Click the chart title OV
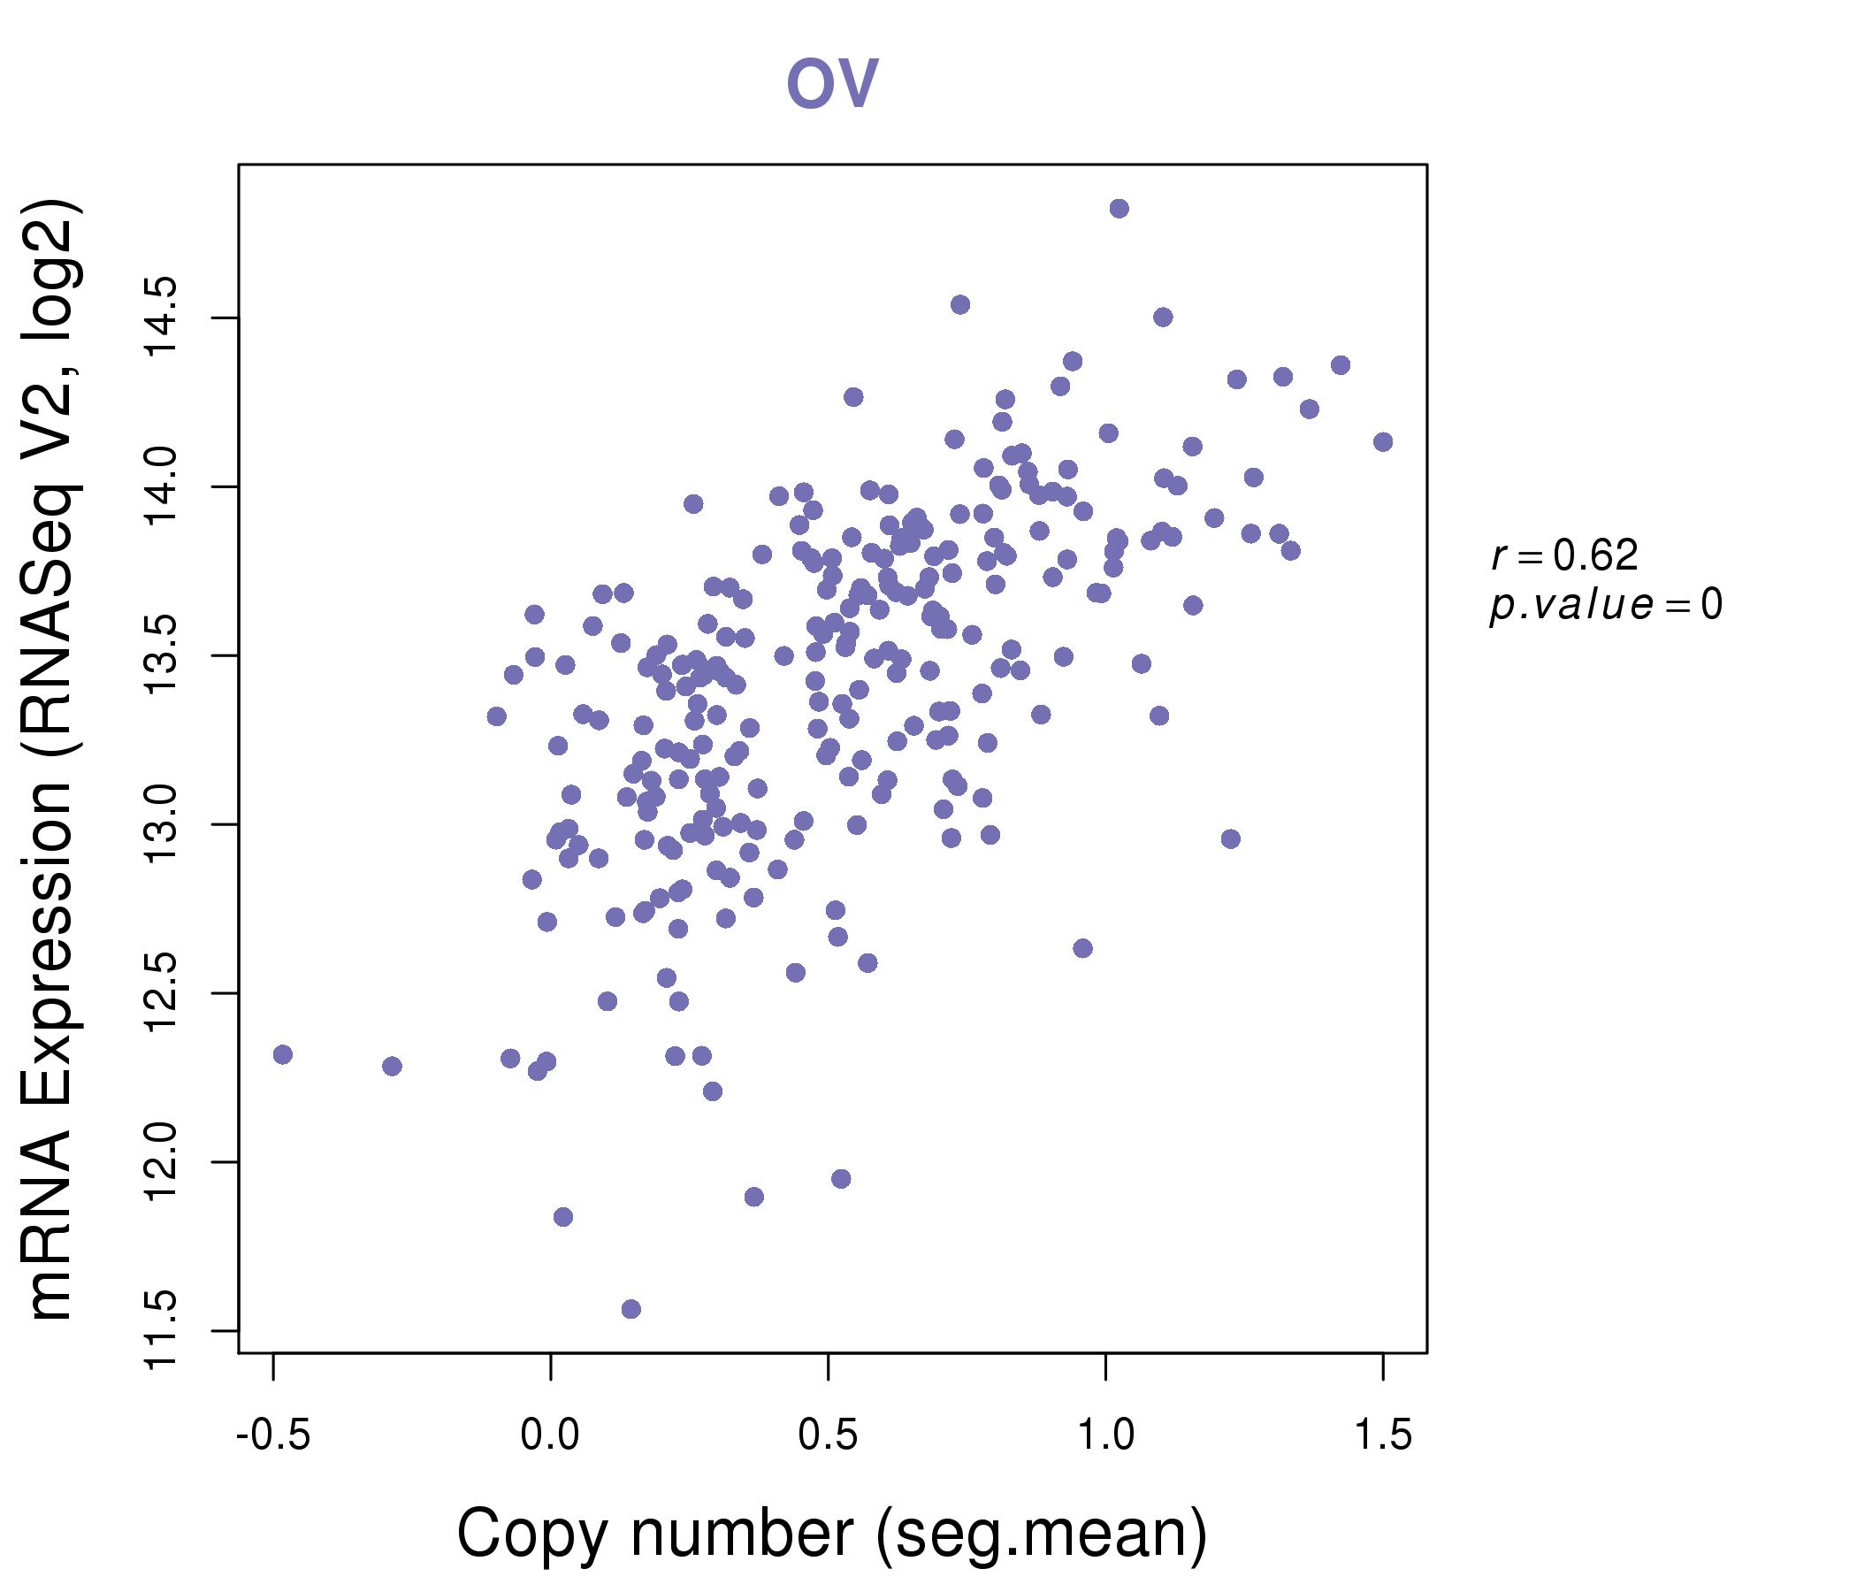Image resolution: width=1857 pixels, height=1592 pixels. point(832,83)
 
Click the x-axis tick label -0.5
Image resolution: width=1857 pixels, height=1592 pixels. point(273,1435)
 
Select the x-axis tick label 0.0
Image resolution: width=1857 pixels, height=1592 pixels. point(550,1435)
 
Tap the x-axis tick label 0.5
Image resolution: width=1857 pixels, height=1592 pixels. point(828,1435)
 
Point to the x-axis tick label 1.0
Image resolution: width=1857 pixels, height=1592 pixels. point(1105,1435)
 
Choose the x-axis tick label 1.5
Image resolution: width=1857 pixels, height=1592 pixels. point(1383,1435)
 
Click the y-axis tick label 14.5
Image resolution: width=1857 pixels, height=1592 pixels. point(163,318)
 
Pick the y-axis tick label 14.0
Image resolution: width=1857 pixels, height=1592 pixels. point(163,486)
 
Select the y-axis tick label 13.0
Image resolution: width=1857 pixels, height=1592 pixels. point(163,824)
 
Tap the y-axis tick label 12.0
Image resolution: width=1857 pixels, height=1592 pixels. point(163,1163)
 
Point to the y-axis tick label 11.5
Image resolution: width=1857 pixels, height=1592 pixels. point(163,1331)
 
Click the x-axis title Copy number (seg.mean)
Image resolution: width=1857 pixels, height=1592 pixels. point(832,1533)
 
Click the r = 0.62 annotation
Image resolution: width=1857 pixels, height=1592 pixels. point(1565,555)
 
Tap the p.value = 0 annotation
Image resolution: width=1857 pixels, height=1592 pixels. point(1605,605)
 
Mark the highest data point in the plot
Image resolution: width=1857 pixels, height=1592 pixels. point(1119,209)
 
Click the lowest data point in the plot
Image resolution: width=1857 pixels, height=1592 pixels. point(631,1309)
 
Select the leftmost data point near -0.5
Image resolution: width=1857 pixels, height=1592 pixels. point(283,1054)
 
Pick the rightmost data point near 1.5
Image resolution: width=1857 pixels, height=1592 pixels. point(1383,442)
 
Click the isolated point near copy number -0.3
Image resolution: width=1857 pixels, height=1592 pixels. point(392,1066)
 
